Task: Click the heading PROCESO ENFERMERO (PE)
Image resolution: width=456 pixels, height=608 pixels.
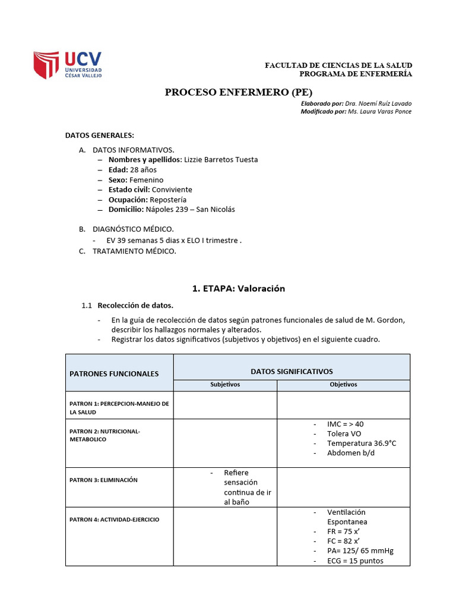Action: click(x=238, y=92)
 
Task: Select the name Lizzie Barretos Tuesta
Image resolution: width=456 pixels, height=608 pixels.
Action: click(x=221, y=159)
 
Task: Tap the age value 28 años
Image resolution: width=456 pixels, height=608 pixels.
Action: click(x=143, y=169)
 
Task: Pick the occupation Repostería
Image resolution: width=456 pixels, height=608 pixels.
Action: click(x=168, y=199)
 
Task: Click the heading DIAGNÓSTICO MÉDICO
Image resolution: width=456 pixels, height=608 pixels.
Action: click(x=133, y=229)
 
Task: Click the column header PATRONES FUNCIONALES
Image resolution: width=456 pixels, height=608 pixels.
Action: click(x=114, y=373)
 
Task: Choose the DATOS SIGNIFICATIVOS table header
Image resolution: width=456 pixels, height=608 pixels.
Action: click(x=292, y=371)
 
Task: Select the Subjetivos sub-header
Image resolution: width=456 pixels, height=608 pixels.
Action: click(x=225, y=385)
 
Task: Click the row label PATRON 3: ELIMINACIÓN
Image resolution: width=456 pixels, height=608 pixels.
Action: click(x=103, y=480)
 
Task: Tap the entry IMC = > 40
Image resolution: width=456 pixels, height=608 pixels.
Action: click(x=345, y=424)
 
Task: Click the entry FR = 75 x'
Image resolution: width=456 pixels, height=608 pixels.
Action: click(x=343, y=531)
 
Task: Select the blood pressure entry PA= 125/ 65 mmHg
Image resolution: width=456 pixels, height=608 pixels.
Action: click(x=360, y=550)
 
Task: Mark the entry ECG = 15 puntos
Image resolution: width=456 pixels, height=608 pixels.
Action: click(x=355, y=560)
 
